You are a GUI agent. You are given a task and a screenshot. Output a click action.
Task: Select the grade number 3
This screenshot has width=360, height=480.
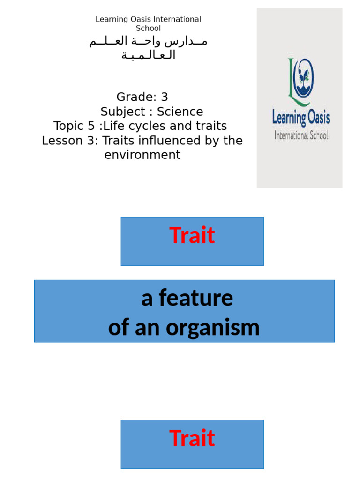point(164,97)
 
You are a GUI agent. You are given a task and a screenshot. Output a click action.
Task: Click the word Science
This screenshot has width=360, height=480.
point(180,112)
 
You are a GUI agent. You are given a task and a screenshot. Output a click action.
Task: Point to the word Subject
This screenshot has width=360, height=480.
point(123,112)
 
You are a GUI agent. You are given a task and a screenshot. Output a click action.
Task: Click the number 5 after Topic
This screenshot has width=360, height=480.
point(91,126)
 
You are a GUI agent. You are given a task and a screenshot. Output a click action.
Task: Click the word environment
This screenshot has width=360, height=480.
point(142,155)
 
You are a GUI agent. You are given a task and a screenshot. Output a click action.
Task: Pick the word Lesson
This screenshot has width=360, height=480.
point(60,141)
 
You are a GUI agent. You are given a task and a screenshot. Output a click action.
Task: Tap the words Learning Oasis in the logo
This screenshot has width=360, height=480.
point(300,117)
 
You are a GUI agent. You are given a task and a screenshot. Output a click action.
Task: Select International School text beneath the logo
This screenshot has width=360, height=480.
point(301,136)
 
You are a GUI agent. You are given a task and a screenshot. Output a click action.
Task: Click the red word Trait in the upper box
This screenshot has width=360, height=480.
point(192,235)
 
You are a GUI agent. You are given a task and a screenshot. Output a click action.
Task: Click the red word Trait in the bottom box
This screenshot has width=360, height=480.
point(192,438)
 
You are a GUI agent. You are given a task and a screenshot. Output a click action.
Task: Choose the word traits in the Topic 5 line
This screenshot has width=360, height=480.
point(209,126)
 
